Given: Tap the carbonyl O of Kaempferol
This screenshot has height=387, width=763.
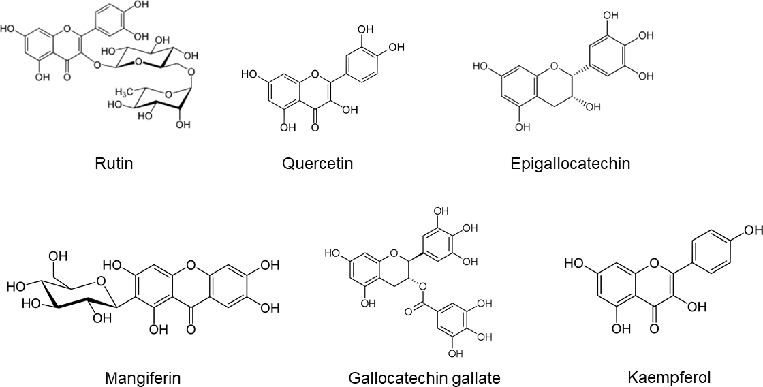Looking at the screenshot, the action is (x=655, y=330).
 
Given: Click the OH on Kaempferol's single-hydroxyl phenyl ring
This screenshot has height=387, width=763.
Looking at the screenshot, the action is (x=749, y=230).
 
